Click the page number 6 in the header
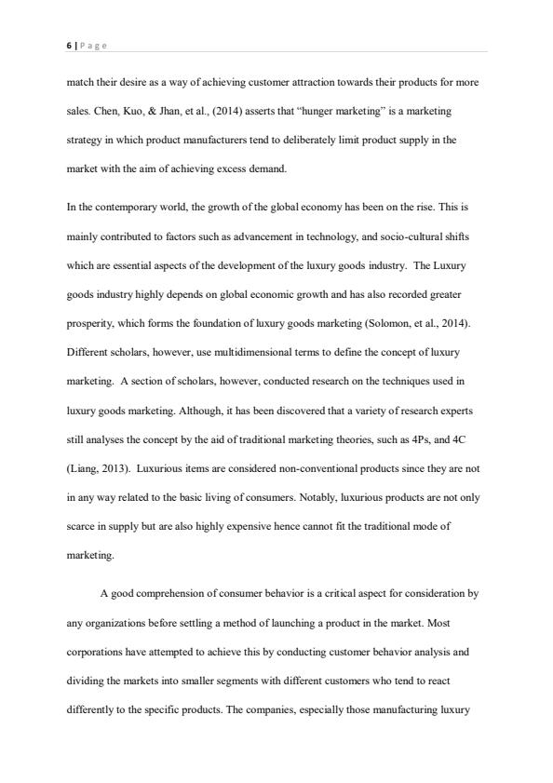tap(69, 44)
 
